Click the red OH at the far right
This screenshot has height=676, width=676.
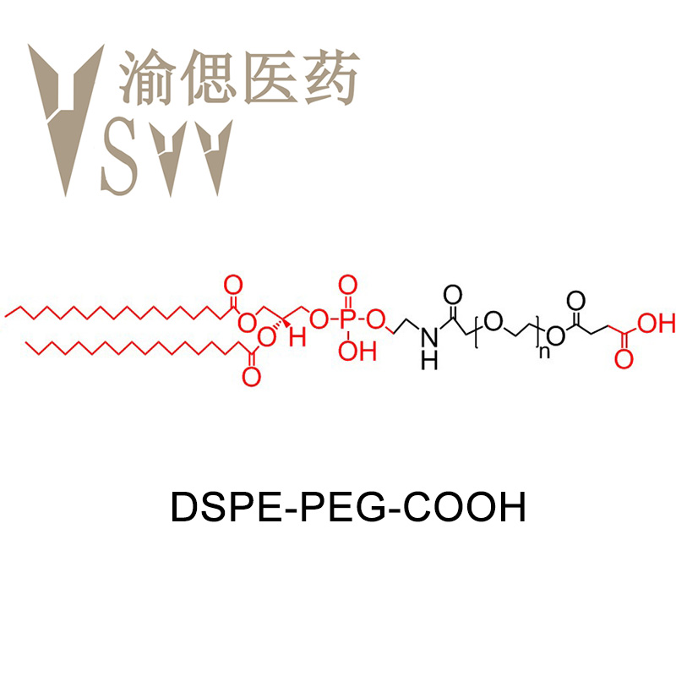click(657, 322)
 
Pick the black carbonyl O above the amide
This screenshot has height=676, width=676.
click(453, 294)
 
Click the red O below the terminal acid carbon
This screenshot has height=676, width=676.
click(624, 359)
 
